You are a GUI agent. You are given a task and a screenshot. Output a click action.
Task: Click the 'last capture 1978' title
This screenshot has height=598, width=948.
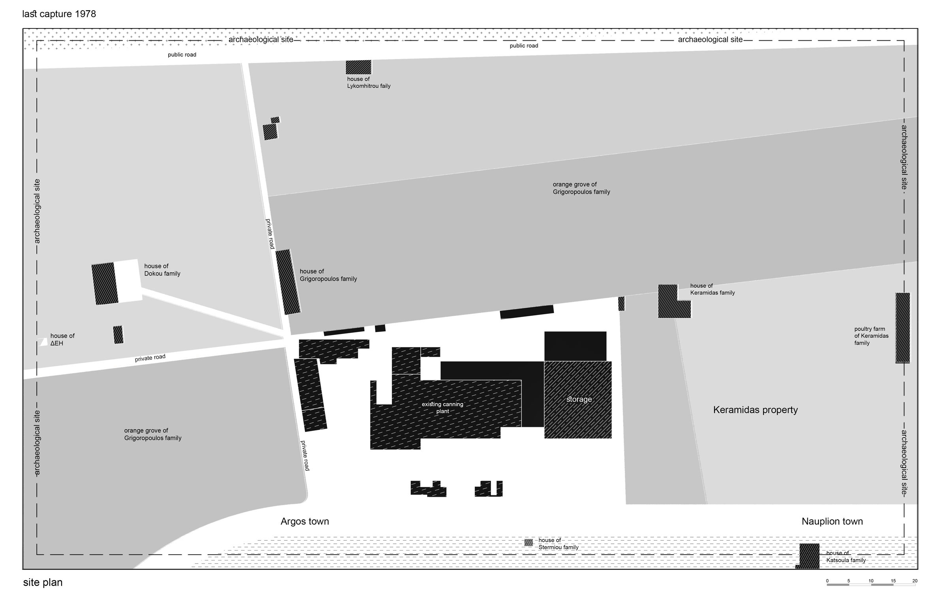pyautogui.click(x=59, y=14)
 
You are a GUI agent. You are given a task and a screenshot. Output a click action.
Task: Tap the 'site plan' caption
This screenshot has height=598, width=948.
pyautogui.click(x=43, y=583)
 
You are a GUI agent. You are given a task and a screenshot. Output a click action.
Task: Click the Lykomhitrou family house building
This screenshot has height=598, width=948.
pyautogui.click(x=358, y=67)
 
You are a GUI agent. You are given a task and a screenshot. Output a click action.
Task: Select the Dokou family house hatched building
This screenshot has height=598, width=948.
pyautogui.click(x=105, y=284)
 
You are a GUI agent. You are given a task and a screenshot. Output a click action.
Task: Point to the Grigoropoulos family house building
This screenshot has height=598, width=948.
pyautogui.click(x=288, y=282)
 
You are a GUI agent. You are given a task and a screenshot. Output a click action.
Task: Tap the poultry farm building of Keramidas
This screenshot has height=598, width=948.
pyautogui.click(x=903, y=328)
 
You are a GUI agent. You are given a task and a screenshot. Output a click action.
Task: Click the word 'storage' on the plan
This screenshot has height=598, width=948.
pyautogui.click(x=579, y=399)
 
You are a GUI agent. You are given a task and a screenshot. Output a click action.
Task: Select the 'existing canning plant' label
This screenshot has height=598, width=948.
pyautogui.click(x=442, y=408)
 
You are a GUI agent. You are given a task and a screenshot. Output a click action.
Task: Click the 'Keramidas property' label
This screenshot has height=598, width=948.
pyautogui.click(x=755, y=410)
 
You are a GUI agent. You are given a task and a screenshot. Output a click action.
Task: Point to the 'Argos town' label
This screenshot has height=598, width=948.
pyautogui.click(x=305, y=521)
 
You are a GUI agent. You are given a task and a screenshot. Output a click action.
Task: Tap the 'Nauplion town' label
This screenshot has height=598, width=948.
pyautogui.click(x=832, y=521)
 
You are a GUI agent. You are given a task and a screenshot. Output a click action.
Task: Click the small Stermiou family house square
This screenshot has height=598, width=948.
pyautogui.click(x=529, y=543)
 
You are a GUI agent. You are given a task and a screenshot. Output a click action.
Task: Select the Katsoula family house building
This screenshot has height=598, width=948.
pyautogui.click(x=809, y=556)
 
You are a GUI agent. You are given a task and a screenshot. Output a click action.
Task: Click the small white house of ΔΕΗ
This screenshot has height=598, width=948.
pyautogui.click(x=43, y=342)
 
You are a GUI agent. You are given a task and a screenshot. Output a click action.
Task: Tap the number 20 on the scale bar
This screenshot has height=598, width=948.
pyautogui.click(x=915, y=581)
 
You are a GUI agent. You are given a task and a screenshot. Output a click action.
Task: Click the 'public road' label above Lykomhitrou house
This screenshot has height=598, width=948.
pyautogui.click(x=524, y=46)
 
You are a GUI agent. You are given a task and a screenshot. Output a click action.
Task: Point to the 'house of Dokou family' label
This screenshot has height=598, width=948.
pyautogui.click(x=162, y=270)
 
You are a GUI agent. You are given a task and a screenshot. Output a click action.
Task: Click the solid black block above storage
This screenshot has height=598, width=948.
pyautogui.click(x=575, y=346)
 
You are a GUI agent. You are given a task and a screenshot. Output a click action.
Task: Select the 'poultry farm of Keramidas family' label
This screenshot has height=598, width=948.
pyautogui.click(x=871, y=336)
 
